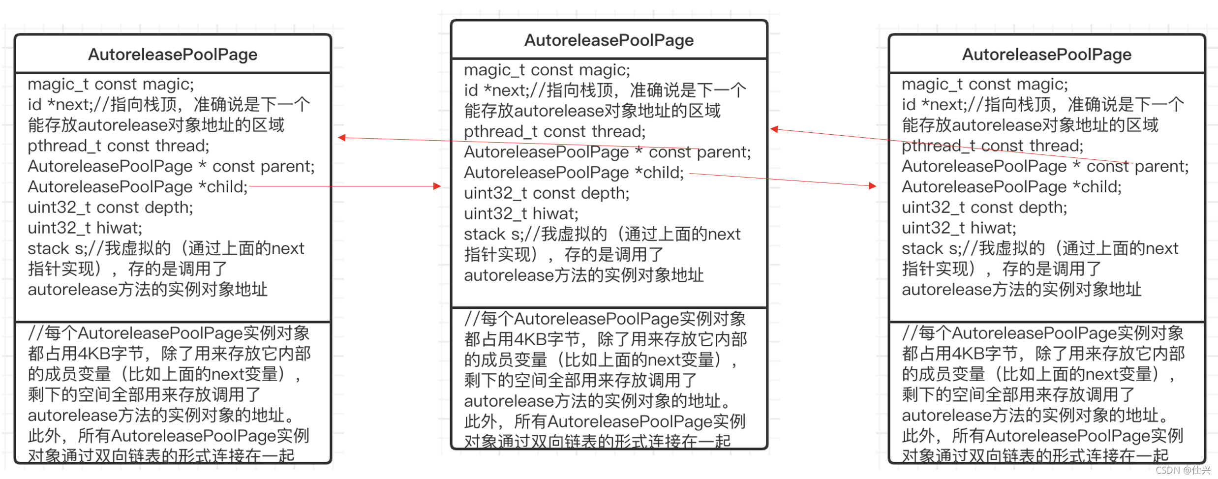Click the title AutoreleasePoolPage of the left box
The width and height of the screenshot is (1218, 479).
click(173, 54)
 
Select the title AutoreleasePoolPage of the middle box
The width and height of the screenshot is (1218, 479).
click(609, 40)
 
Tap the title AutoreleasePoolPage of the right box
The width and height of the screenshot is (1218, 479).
click(1046, 54)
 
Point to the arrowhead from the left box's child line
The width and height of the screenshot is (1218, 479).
click(436, 186)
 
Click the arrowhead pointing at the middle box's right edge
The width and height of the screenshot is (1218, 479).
click(774, 129)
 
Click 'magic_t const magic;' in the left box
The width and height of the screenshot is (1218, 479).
click(111, 84)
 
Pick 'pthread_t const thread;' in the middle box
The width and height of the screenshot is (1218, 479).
click(554, 131)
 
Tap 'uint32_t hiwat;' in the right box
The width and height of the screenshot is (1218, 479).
click(958, 228)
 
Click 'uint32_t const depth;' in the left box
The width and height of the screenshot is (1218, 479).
click(110, 207)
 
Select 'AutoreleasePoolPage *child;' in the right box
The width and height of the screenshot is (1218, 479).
click(1011, 186)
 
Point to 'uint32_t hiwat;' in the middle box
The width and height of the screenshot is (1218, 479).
click(521, 213)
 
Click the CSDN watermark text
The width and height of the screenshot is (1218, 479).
click(1182, 470)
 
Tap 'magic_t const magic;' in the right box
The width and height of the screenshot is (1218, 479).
click(985, 84)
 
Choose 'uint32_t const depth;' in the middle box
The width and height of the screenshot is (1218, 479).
click(547, 193)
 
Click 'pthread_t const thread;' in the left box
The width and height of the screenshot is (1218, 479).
click(118, 146)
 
